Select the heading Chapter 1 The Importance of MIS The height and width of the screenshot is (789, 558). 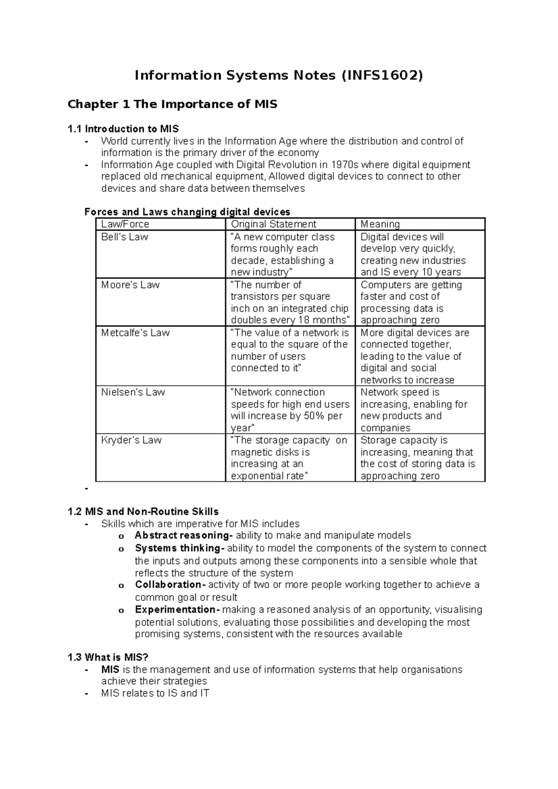172,104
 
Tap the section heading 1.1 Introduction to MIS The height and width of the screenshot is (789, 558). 123,129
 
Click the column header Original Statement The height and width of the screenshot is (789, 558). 273,224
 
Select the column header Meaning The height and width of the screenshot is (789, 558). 380,224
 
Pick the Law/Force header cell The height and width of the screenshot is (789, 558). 125,224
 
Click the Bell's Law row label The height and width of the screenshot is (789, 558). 125,237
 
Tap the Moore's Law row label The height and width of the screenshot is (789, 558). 130,285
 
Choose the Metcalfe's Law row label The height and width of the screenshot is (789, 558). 135,333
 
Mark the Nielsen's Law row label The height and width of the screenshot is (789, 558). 133,392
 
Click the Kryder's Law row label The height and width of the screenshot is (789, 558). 131,440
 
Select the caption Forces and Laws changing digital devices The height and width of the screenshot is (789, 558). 187,212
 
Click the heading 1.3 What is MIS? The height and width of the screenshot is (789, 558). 108,657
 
